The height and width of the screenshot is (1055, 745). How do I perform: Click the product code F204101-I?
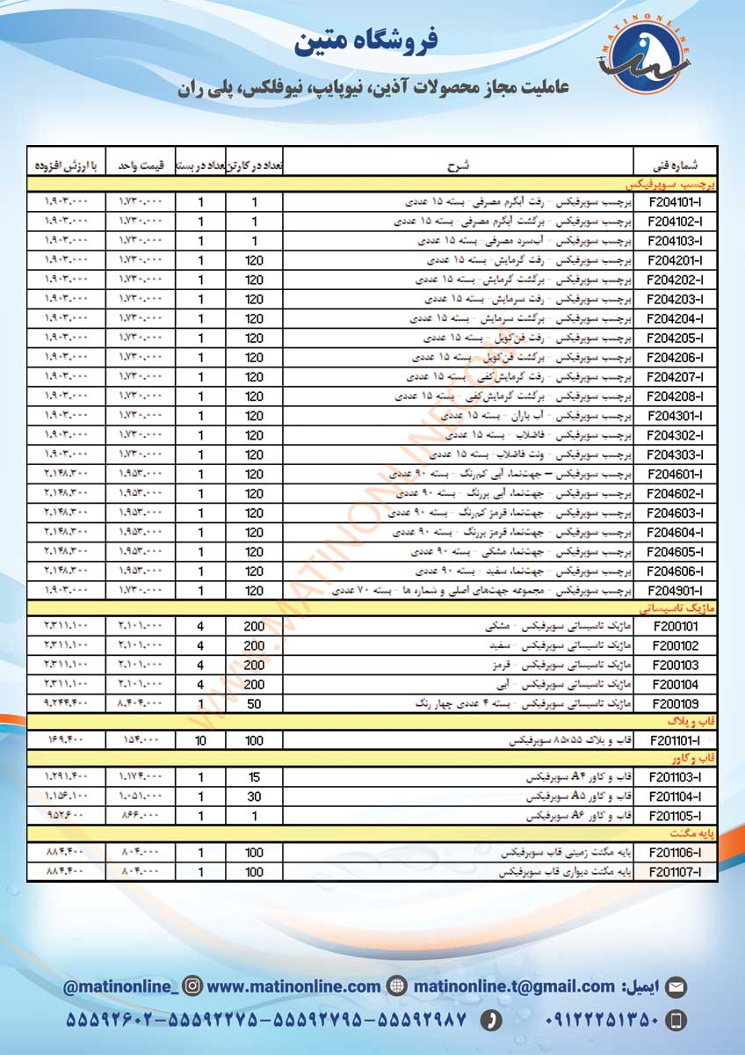coord(673,202)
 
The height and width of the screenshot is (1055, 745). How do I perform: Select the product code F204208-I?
coord(673,397)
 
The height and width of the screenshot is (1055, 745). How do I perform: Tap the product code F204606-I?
coord(673,571)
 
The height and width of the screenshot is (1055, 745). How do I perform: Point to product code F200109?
coord(673,704)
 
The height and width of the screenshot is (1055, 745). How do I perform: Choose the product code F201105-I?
coord(673,817)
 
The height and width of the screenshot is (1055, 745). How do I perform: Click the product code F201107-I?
coord(673,873)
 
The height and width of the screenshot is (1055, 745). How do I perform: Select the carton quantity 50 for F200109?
coord(254,704)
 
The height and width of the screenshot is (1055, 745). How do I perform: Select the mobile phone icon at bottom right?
coord(676,1021)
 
